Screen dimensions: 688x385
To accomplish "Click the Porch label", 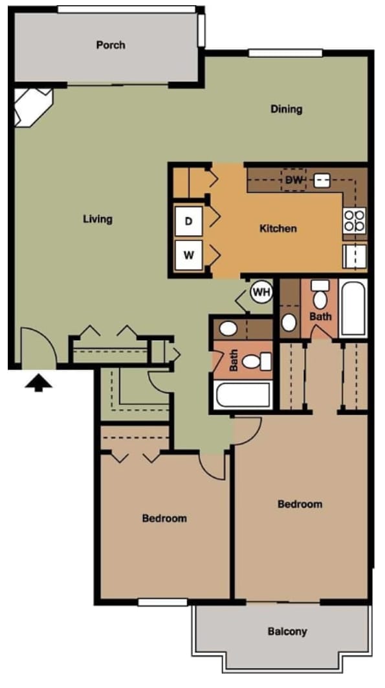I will pyautogui.click(x=111, y=45).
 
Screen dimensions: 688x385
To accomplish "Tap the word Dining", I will pyautogui.click(x=286, y=109).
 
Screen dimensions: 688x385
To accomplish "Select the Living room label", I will pyautogui.click(x=98, y=219).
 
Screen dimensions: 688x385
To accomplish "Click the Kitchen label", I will pyautogui.click(x=278, y=229).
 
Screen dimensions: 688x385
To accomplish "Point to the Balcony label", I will pyautogui.click(x=287, y=631).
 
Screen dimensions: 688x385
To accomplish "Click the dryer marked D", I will pyautogui.click(x=189, y=222).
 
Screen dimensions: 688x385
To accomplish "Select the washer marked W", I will pyautogui.click(x=189, y=255).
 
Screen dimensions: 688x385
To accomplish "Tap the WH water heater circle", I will pyautogui.click(x=261, y=293).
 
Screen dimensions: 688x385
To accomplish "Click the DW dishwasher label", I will pyautogui.click(x=294, y=180).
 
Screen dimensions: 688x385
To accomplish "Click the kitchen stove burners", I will pyautogui.click(x=355, y=220).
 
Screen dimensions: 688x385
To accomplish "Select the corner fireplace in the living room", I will pyautogui.click(x=32, y=107).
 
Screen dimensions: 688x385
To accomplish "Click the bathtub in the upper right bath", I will pyautogui.click(x=353, y=308).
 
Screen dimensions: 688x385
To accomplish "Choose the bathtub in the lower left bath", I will pyautogui.click(x=243, y=395).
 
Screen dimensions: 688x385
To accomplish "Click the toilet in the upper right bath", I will pyautogui.click(x=320, y=297).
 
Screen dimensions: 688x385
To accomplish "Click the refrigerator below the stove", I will pyautogui.click(x=355, y=255).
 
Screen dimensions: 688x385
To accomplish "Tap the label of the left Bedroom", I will pyautogui.click(x=164, y=518).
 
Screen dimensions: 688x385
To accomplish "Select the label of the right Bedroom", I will pyautogui.click(x=300, y=504).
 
